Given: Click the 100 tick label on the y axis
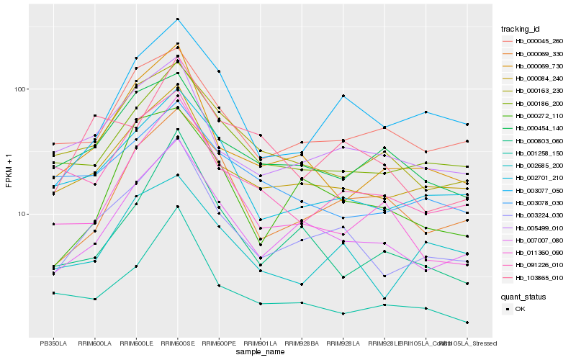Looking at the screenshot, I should coord(19,89).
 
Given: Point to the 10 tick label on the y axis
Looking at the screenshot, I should coord(21,214).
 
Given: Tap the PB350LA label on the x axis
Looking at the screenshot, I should coord(53,343).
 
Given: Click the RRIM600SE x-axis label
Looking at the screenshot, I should coord(178,343).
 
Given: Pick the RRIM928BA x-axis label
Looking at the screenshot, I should coord(302,343).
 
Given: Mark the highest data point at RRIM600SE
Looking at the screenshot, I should coord(178,19).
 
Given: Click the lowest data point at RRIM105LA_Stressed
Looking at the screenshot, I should coord(468,323).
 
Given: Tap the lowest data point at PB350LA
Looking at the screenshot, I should coord(53,293).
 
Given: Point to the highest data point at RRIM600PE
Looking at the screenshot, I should coord(219,71).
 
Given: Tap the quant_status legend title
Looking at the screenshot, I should coord(524,296).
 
